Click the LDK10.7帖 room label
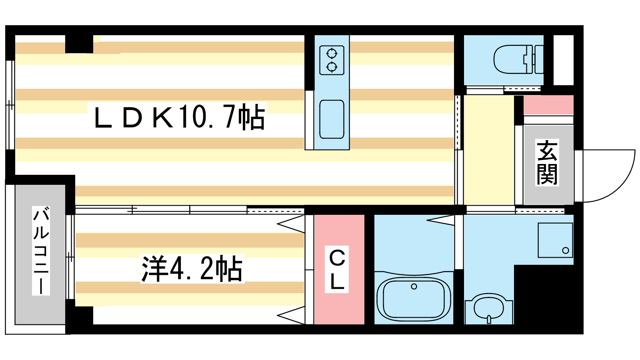[180, 117]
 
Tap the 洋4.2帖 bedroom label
[192, 268]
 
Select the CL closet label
[337, 269]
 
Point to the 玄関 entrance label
[547, 162]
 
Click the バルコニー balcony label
[41, 250]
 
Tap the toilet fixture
[518, 60]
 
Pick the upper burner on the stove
[332, 54]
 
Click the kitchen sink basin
[332, 119]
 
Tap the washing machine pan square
[555, 240]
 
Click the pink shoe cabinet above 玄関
[548, 105]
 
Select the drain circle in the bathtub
[414, 286]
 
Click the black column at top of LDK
[79, 44]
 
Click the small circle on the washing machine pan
[566, 250]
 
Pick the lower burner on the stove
[332, 67]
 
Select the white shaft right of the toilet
[564, 60]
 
